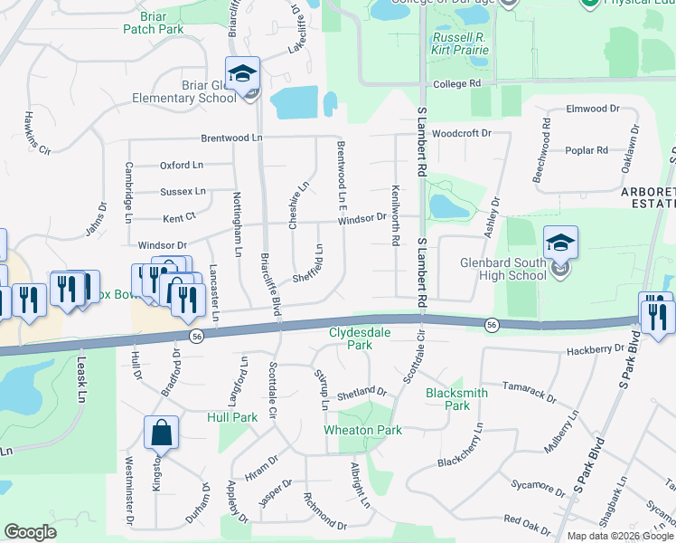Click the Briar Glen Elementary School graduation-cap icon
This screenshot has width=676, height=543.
[242, 73]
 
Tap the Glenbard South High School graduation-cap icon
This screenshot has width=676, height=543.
[560, 243]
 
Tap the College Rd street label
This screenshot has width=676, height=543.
[457, 84]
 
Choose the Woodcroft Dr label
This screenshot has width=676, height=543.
[460, 133]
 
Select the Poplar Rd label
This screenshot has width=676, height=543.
[588, 150]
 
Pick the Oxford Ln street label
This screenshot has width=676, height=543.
[182, 166]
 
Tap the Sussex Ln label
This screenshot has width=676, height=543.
[183, 192]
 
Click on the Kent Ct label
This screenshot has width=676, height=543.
[179, 217]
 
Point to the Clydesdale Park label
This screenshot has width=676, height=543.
[360, 338]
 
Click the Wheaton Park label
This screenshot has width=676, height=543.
[363, 430]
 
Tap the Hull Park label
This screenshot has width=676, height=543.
[232, 417]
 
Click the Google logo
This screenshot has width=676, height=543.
[31, 532]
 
